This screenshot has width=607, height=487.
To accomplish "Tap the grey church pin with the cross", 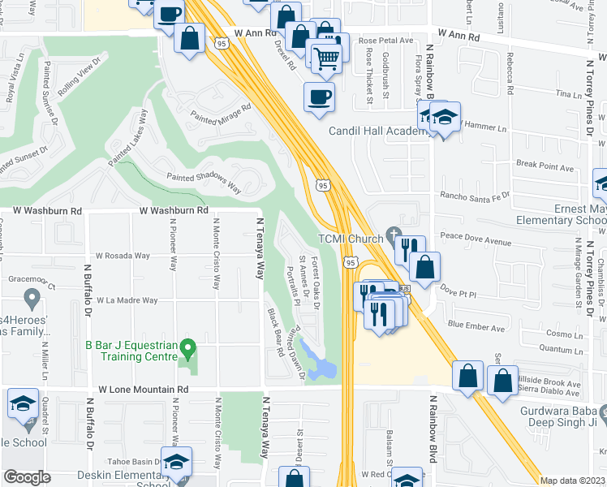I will pos(394,236).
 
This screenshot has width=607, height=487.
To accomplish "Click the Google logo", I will pos(27,476).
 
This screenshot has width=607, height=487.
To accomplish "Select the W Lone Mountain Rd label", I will pos(144,390).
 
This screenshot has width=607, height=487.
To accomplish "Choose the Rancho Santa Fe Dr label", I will pos(474,196).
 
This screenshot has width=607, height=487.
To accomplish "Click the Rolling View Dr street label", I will pos(82,75).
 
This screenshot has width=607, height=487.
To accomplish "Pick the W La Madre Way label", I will pos(127,300).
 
